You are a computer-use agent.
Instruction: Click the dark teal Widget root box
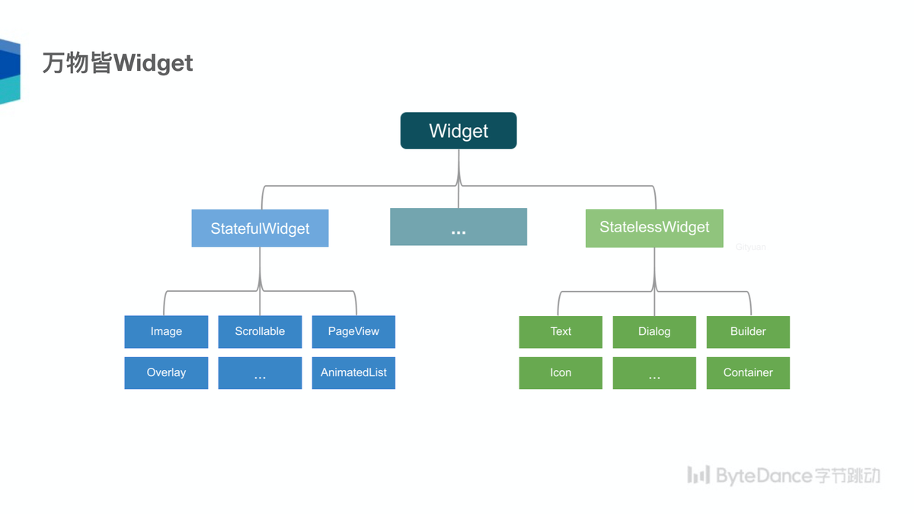click(x=459, y=130)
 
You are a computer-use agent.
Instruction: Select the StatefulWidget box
click(x=260, y=228)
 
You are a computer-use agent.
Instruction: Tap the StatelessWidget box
click(x=654, y=228)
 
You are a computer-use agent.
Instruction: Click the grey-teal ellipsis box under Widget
click(x=459, y=227)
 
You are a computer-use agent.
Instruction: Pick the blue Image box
click(x=166, y=332)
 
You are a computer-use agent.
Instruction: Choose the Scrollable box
click(x=260, y=332)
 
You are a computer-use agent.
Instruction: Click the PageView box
click(x=353, y=332)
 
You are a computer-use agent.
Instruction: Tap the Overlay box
click(x=166, y=373)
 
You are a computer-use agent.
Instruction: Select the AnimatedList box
click(x=353, y=373)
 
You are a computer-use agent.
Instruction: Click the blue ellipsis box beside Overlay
click(x=260, y=373)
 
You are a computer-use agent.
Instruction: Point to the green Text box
click(x=561, y=332)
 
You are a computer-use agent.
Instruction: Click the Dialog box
click(x=654, y=332)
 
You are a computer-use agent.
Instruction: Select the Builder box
click(x=748, y=332)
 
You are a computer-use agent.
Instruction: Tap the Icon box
click(x=561, y=373)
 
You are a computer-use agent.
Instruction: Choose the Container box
click(x=748, y=373)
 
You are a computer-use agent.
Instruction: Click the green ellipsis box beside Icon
click(x=654, y=373)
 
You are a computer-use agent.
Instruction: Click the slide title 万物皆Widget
click(x=117, y=62)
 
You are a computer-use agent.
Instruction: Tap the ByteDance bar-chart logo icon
click(x=698, y=475)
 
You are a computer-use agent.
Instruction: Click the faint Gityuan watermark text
click(x=750, y=247)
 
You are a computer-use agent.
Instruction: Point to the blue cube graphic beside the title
click(x=10, y=72)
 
